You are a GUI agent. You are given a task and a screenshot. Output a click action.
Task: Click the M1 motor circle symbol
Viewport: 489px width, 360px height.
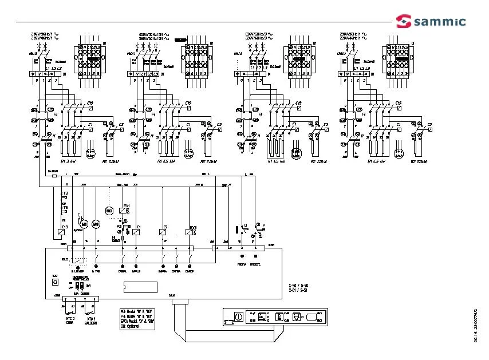[84, 223]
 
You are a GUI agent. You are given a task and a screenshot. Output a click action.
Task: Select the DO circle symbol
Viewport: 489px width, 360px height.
[109, 211]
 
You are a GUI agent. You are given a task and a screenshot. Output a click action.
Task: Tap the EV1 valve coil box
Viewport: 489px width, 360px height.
[124, 211]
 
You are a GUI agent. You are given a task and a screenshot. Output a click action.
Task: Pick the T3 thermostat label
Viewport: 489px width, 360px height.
[65, 194]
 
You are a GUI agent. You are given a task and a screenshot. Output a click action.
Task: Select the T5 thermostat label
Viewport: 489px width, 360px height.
[65, 207]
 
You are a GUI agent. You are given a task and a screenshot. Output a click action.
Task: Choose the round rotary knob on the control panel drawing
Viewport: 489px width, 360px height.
[238, 315]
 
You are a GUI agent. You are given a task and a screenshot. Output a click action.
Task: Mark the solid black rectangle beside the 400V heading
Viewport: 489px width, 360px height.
[181, 39]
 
